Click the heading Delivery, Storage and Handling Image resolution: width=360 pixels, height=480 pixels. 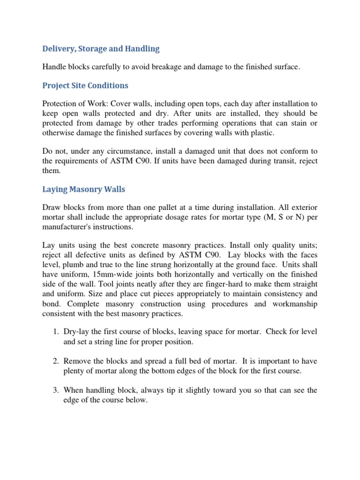[x=101, y=49]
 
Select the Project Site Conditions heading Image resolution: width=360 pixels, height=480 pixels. [x=85, y=86]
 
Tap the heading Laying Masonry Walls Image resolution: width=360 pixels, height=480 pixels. [x=83, y=189]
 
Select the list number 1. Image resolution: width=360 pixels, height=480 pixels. [x=54, y=332]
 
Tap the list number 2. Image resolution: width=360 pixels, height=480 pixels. [x=54, y=361]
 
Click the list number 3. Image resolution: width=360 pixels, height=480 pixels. [x=54, y=390]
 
